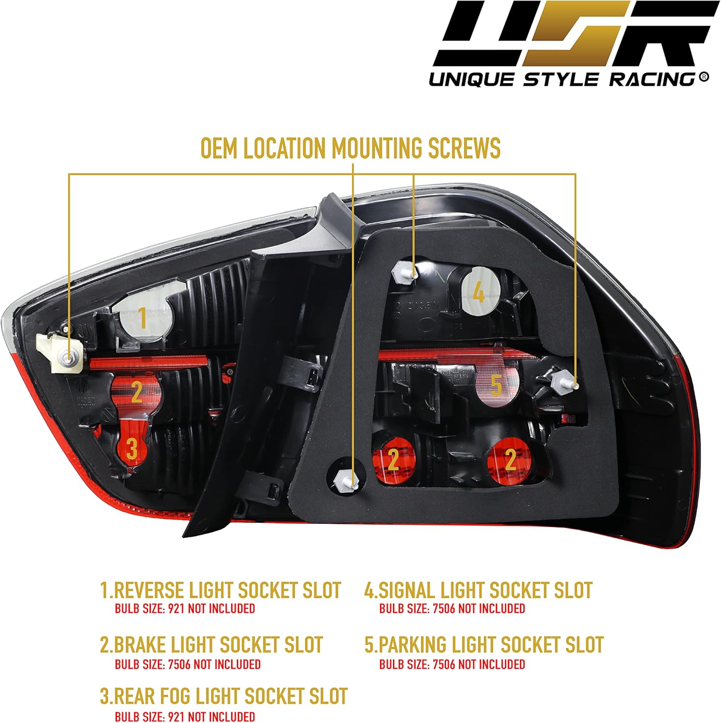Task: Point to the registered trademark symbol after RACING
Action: point(704,76)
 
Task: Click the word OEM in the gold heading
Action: point(219,148)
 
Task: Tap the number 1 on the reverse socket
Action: point(142,318)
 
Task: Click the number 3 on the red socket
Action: point(132,448)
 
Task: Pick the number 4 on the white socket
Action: point(478,292)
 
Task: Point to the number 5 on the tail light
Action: point(496,386)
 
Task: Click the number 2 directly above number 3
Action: point(136,392)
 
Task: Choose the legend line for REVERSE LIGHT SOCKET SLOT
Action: point(220,590)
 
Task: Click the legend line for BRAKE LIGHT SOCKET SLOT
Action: point(211,645)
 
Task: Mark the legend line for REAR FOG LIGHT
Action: point(224,696)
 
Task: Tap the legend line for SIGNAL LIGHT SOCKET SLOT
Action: point(478,590)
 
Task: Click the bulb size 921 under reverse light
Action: point(176,609)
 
